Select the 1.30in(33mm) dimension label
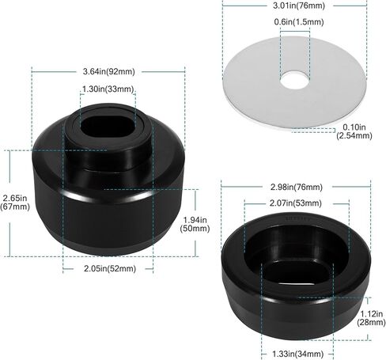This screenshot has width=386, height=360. point(108,89)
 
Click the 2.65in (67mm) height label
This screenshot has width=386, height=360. point(15,202)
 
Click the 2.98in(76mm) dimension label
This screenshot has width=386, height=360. point(297,188)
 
